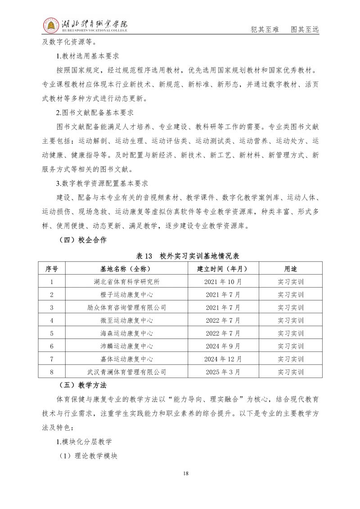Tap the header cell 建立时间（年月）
click(x=223, y=269)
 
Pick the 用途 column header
click(x=291, y=269)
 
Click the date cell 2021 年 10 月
click(x=223, y=282)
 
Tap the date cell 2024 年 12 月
click(x=223, y=359)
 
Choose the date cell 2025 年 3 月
click(x=223, y=372)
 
